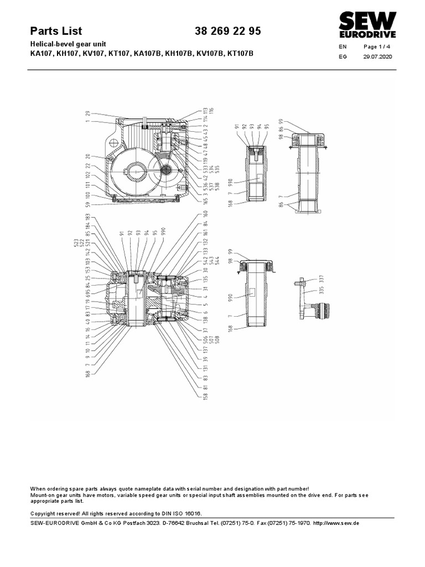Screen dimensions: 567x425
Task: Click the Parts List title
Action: [56, 32]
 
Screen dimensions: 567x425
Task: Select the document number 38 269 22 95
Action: [227, 32]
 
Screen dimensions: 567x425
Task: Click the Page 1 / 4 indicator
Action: [376, 47]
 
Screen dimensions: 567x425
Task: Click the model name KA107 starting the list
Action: [42, 54]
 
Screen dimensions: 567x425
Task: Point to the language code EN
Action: [343, 48]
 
